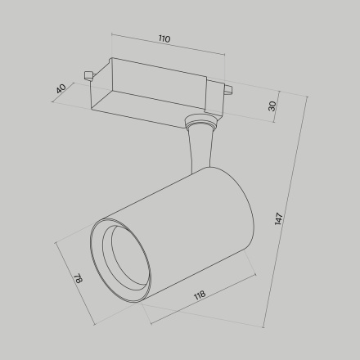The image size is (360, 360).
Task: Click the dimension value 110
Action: point(164,38)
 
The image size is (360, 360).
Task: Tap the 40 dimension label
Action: point(60,88)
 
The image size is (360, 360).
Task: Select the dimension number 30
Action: point(272,105)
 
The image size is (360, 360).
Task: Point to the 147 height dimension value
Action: point(279,218)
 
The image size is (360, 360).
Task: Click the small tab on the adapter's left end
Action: point(88,76)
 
